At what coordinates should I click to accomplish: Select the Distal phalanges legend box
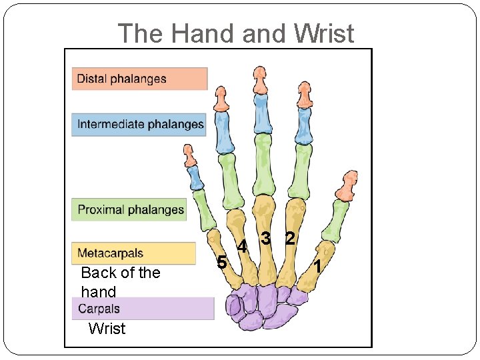tap(139, 79)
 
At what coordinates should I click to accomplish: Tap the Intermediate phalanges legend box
tap(139, 125)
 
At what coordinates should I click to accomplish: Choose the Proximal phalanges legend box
tap(129, 210)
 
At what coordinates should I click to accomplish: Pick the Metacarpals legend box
tap(133, 253)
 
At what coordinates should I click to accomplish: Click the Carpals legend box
tap(143, 309)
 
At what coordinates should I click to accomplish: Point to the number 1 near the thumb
tap(319, 267)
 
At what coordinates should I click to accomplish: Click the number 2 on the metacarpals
tap(289, 237)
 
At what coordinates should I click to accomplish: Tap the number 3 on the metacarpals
tap(265, 237)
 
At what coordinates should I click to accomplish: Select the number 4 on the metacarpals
tap(243, 247)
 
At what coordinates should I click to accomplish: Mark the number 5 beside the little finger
tap(223, 262)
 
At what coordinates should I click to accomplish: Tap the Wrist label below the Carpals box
tap(107, 328)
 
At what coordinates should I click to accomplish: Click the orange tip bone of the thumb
tap(347, 186)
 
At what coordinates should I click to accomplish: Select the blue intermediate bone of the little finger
tap(195, 177)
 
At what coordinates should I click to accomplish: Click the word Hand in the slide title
tap(209, 33)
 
